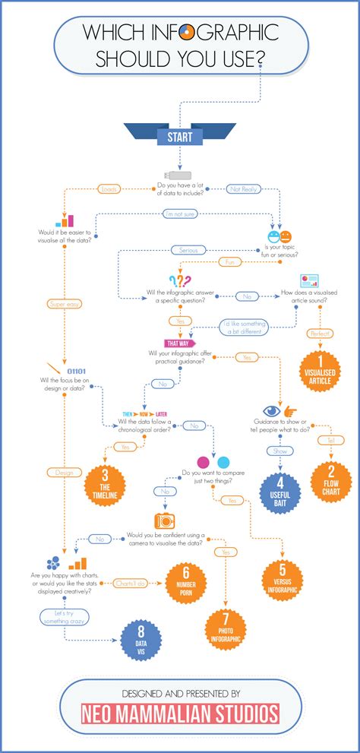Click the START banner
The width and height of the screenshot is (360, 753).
[x=179, y=138]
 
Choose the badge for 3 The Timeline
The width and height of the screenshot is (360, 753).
[x=104, y=483]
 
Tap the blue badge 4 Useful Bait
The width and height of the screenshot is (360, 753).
[x=279, y=495]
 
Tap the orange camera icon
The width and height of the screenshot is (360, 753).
[x=165, y=520]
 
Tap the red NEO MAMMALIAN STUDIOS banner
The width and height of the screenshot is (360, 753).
[x=180, y=713]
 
